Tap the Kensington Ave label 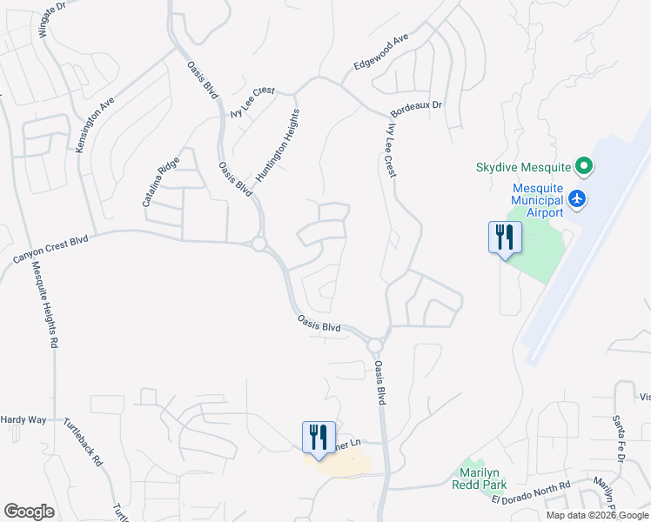(x=95, y=124)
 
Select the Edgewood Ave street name (x=381, y=54)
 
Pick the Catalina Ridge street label (x=161, y=181)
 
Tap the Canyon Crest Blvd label (x=51, y=249)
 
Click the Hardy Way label (x=23, y=419)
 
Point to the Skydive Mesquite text (x=522, y=167)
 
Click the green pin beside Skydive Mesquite (x=585, y=165)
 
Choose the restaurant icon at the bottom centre (x=319, y=436)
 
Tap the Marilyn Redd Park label (x=478, y=478)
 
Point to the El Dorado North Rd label (x=530, y=492)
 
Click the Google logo (x=29, y=512)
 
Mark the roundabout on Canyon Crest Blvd (x=258, y=244)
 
